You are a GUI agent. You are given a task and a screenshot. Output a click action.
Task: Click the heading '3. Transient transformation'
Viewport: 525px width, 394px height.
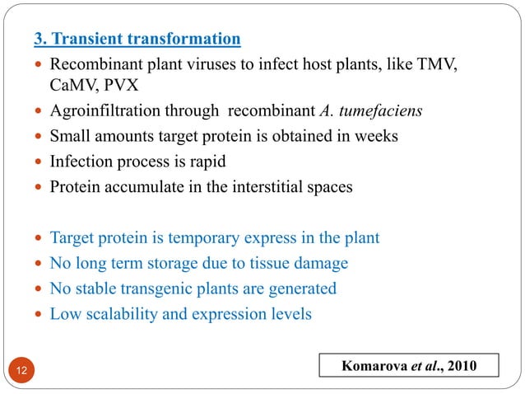(x=137, y=39)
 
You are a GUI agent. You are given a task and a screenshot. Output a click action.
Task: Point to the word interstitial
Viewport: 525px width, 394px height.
(x=265, y=186)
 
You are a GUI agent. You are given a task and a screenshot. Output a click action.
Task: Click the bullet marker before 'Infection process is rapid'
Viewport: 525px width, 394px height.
(x=39, y=162)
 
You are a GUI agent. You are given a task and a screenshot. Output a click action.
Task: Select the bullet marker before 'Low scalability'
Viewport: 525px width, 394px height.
(x=39, y=314)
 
